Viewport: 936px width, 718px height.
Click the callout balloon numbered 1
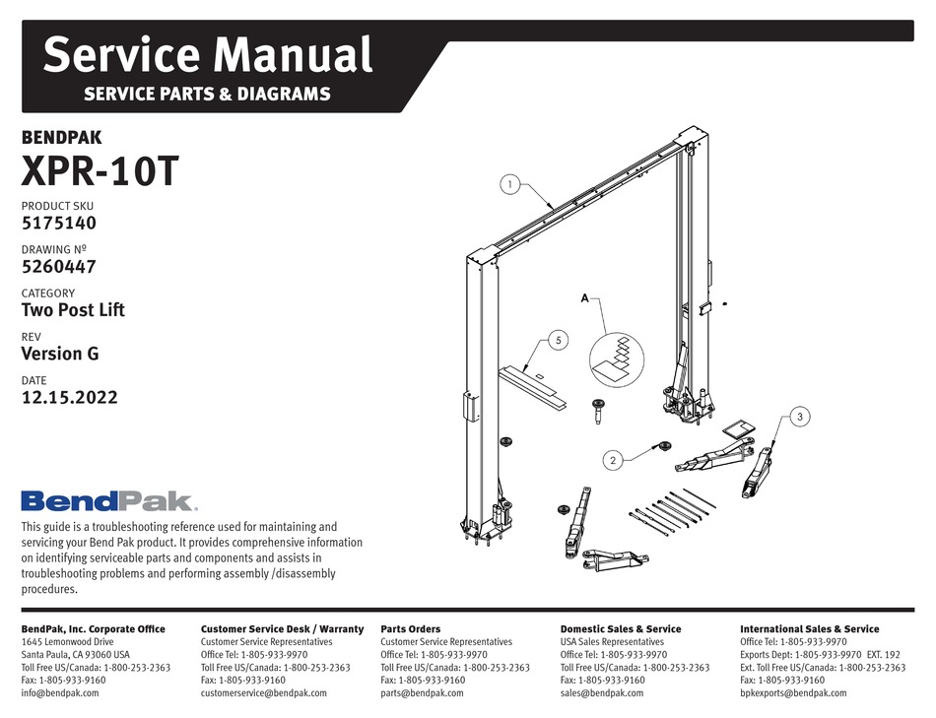[x=509, y=184]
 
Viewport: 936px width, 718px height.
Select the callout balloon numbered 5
[x=559, y=341]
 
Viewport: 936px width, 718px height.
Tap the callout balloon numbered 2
[x=612, y=459]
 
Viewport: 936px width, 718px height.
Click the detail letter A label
[x=585, y=296]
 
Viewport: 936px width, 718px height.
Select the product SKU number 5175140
[x=59, y=223]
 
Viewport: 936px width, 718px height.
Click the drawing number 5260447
[x=59, y=266]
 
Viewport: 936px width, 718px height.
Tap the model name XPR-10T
[x=100, y=172]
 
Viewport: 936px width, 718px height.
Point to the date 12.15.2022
[x=69, y=398]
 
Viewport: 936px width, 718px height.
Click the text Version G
[x=60, y=354]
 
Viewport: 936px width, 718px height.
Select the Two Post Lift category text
[x=73, y=310]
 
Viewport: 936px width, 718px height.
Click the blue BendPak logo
[x=108, y=501]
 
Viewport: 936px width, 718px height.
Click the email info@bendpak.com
[x=60, y=692]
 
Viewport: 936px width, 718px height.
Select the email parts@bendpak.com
[x=422, y=692]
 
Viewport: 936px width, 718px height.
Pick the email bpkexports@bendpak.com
[x=793, y=692]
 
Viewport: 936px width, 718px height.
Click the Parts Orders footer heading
[x=410, y=628]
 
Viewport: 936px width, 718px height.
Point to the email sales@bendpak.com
[x=601, y=692]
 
